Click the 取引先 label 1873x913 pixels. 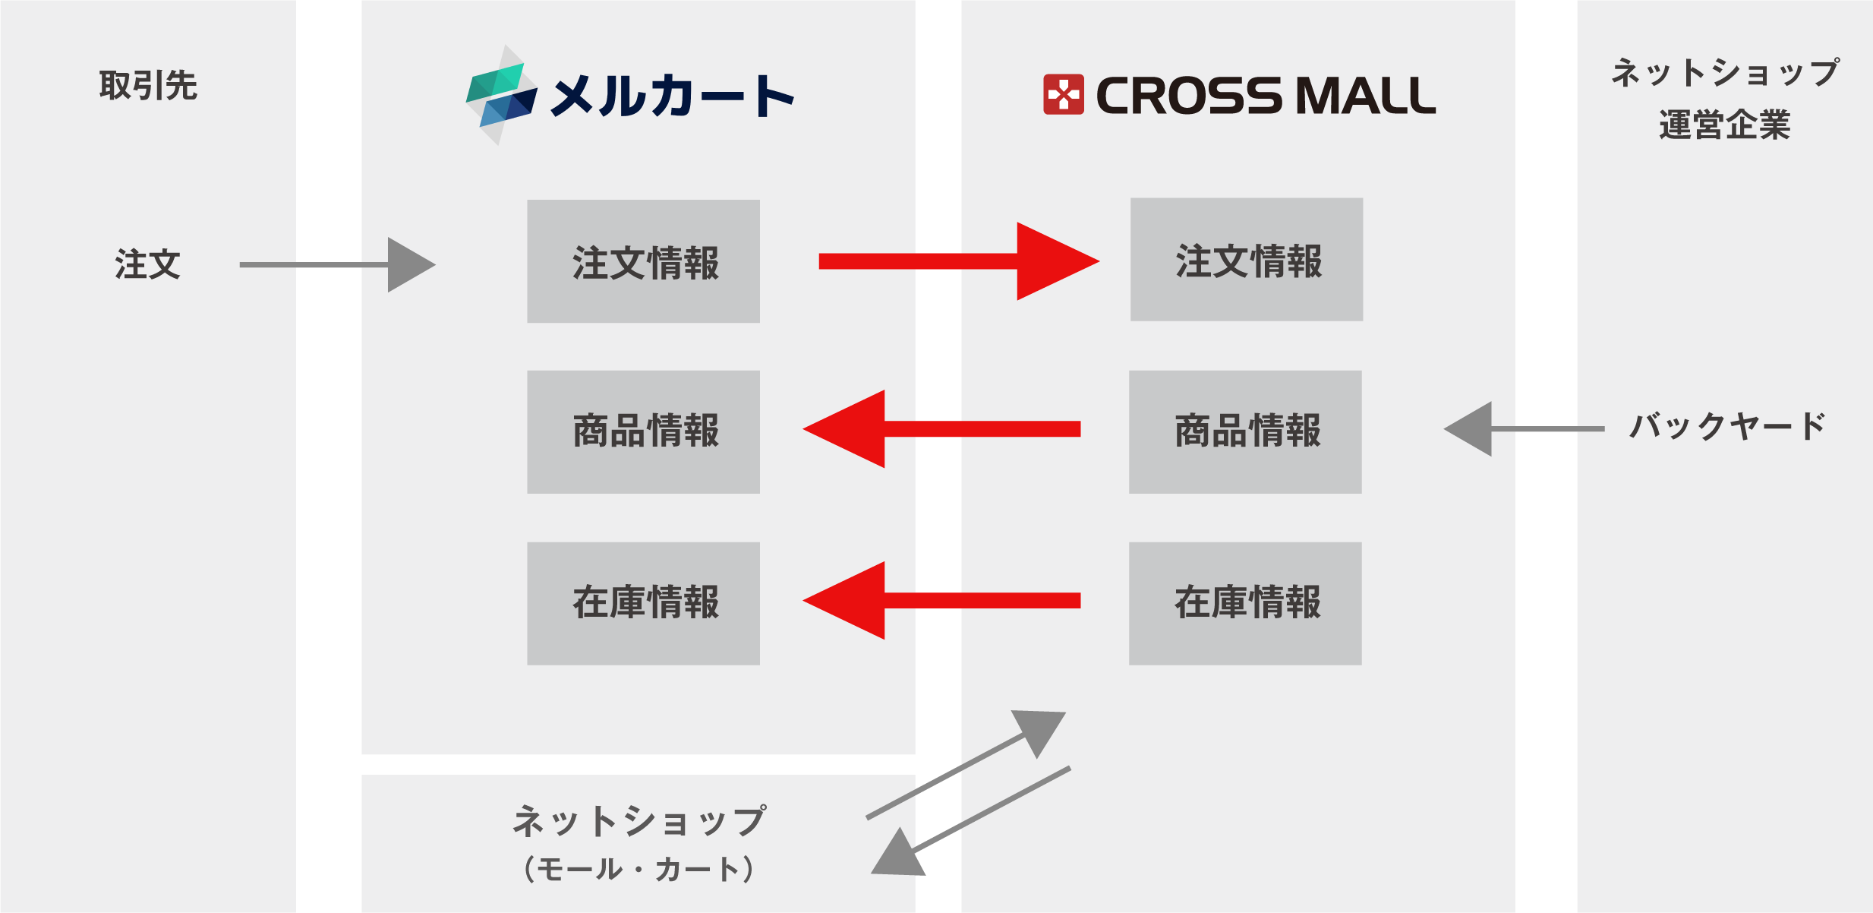pos(148,85)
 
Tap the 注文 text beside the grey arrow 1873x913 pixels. pos(147,264)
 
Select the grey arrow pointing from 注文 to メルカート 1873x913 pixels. pos(338,264)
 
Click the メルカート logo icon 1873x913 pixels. pos(501,96)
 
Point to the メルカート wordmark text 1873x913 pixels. pos(672,97)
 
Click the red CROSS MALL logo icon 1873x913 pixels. pos(1063,95)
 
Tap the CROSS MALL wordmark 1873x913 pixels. pos(1266,96)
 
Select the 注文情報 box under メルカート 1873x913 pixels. pos(643,261)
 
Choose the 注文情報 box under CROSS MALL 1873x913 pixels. pos(1246,260)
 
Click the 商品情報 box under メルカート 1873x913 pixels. pos(643,431)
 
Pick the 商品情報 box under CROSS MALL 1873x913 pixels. pos(1245,431)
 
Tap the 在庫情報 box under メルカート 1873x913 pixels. pos(643,603)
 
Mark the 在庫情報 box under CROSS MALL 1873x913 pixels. pos(1245,603)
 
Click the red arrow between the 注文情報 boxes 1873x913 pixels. pos(958,261)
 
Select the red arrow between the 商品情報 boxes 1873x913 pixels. pos(941,429)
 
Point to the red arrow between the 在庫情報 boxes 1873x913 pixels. pos(941,601)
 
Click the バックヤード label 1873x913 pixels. pos(1727,427)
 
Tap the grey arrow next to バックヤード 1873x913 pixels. pos(1522,429)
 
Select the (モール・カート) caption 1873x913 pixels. pos(639,869)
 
